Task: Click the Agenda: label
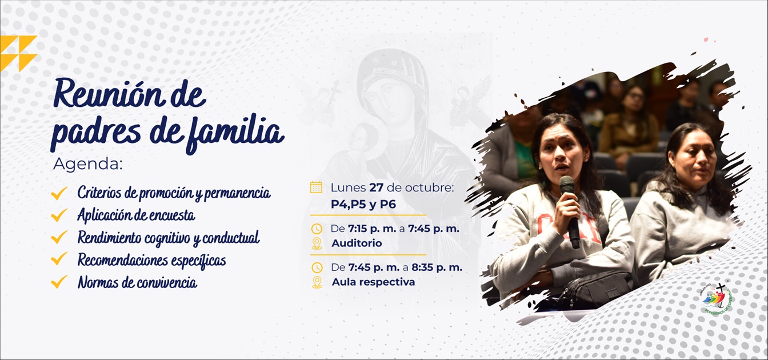(x=88, y=164)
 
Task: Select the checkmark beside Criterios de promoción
(x=59, y=193)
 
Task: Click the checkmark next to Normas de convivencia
(x=59, y=282)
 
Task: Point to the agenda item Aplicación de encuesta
(x=136, y=215)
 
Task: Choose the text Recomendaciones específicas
(x=151, y=261)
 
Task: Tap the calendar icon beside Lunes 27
(x=316, y=187)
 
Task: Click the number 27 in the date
(x=377, y=187)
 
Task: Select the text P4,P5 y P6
(x=363, y=204)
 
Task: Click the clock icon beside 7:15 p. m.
(x=317, y=229)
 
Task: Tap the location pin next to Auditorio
(x=317, y=243)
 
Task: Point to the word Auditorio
(x=357, y=243)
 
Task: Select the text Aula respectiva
(x=373, y=282)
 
